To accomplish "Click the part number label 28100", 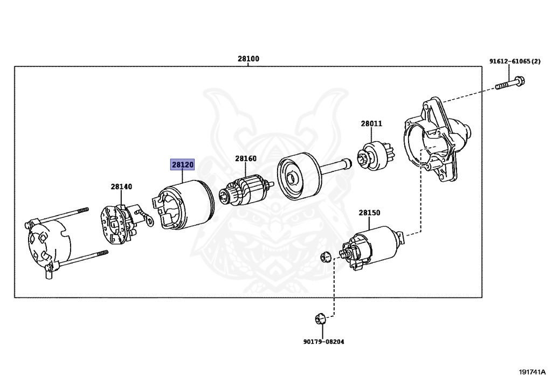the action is pyautogui.click(x=248, y=59).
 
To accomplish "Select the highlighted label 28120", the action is pyautogui.click(x=182, y=164).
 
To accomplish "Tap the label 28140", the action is pyautogui.click(x=121, y=186).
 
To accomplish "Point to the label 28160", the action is pyautogui.click(x=246, y=158).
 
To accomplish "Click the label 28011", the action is pyautogui.click(x=371, y=123).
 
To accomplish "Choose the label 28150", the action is pyautogui.click(x=370, y=212).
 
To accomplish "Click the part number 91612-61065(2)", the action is pyautogui.click(x=515, y=61).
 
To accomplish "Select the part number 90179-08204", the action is pyautogui.click(x=324, y=342).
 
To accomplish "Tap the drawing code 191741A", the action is pyautogui.click(x=532, y=372).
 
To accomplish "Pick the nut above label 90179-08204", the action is pyautogui.click(x=320, y=318).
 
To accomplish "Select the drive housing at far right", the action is pyautogui.click(x=437, y=140).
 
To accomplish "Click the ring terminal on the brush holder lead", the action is pyautogui.click(x=149, y=220).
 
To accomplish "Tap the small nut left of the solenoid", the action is pyautogui.click(x=325, y=257).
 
